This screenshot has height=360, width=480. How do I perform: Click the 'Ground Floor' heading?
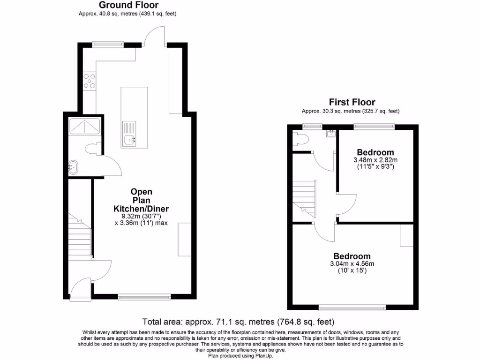pos(128,5)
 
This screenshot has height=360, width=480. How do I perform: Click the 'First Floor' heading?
pos(352,102)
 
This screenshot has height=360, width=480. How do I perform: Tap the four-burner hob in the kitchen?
pos(89,81)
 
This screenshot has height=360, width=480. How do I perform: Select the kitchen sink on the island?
pos(130,139)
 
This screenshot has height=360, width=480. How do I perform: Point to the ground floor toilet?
pos(93,149)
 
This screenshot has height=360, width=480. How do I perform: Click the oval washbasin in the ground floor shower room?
pos(73,165)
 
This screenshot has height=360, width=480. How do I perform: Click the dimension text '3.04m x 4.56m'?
pos(352,264)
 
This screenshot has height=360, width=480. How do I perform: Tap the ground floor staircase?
pos(79,237)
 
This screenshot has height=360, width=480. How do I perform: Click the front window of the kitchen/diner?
pos(144,296)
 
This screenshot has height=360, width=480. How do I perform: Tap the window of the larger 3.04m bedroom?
pos(352,307)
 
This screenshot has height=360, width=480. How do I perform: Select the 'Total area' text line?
pos(238,322)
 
